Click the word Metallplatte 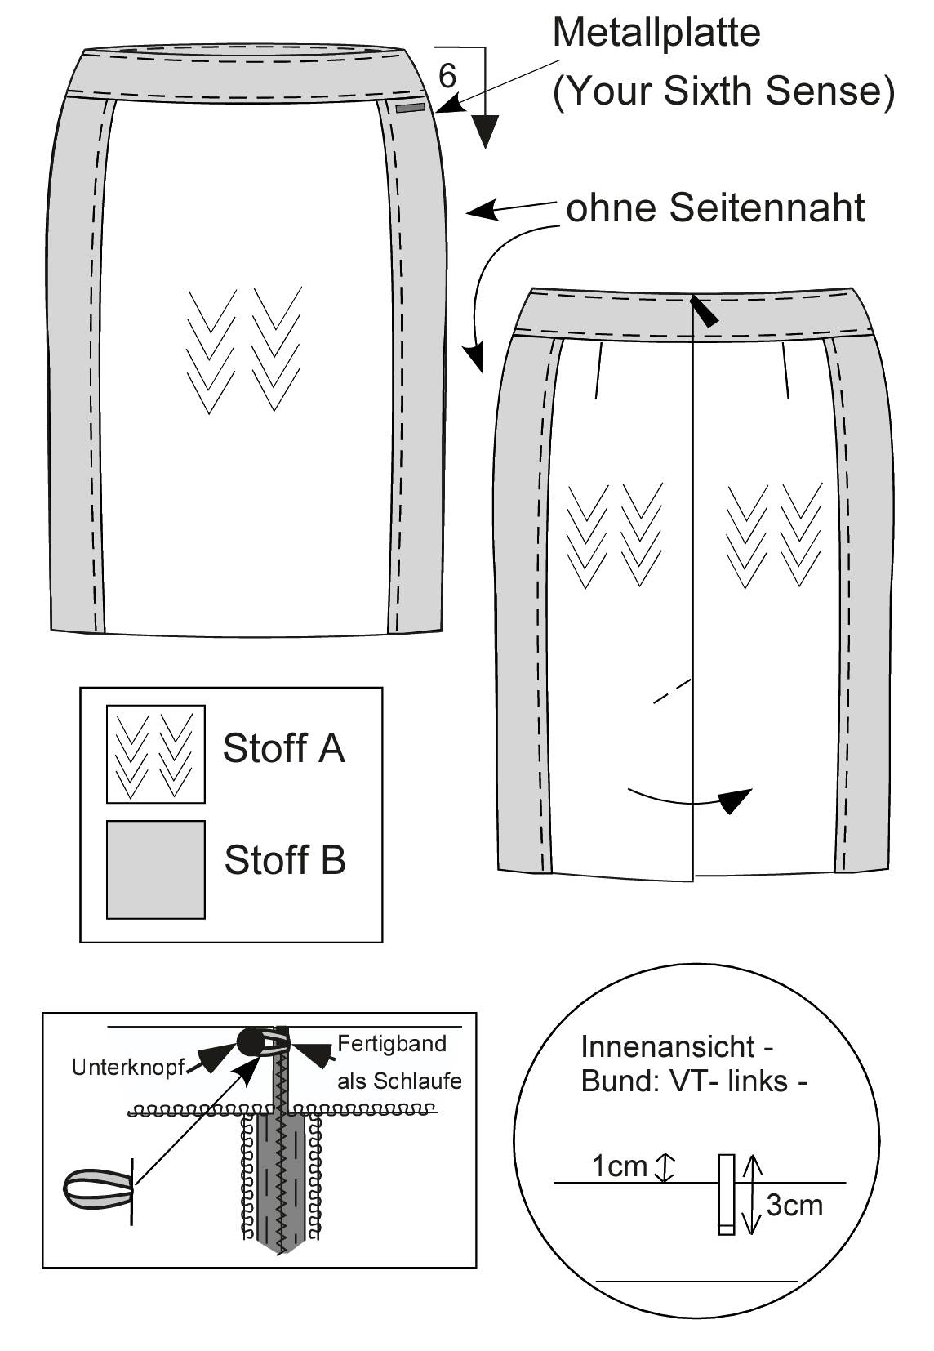[656, 33]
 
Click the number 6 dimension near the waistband [447, 77]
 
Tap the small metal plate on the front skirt [411, 109]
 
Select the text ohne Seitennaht [715, 207]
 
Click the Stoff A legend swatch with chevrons [156, 754]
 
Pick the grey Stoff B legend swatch [156, 870]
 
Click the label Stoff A [284, 748]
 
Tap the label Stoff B [285, 859]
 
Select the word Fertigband [392, 1044]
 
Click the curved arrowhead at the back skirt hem [736, 800]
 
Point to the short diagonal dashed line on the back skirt [672, 691]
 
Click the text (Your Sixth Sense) [723, 91]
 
